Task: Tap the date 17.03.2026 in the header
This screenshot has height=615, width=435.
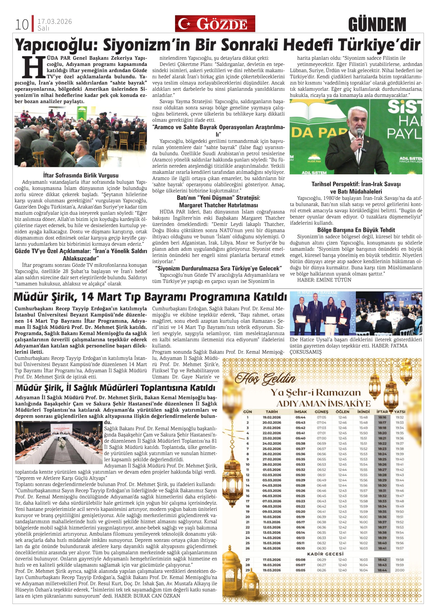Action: (x=54, y=22)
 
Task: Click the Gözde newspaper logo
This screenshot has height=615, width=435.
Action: (x=215, y=24)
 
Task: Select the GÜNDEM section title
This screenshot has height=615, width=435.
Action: (x=377, y=25)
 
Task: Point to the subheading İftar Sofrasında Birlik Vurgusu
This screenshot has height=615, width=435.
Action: (x=81, y=175)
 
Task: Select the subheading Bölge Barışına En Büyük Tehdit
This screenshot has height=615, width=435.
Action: (x=356, y=230)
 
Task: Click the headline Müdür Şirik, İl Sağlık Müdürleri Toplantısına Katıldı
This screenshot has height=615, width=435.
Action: (x=116, y=388)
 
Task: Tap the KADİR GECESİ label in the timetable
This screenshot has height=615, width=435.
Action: (x=325, y=554)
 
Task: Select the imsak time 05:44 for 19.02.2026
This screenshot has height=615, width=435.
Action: (x=300, y=417)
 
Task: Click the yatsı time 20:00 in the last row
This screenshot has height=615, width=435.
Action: (x=399, y=570)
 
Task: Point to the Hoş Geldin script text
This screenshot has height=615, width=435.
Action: (x=265, y=379)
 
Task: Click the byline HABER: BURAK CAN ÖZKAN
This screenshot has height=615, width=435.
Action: (x=147, y=596)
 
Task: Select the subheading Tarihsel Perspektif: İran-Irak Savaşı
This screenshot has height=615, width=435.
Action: (x=356, y=184)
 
